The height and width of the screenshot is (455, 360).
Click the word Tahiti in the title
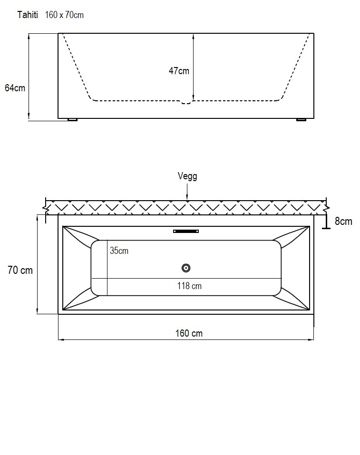[28, 15]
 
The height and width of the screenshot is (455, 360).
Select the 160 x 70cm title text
[64, 15]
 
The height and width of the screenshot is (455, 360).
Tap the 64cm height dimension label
[15, 87]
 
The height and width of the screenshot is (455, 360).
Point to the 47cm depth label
[179, 70]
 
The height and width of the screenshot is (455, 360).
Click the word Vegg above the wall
[187, 176]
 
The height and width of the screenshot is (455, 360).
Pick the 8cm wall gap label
[343, 221]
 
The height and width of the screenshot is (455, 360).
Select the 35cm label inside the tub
[119, 251]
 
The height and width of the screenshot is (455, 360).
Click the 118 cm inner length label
[189, 286]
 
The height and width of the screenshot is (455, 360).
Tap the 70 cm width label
[20, 270]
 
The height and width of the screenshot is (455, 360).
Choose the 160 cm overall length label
[189, 333]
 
